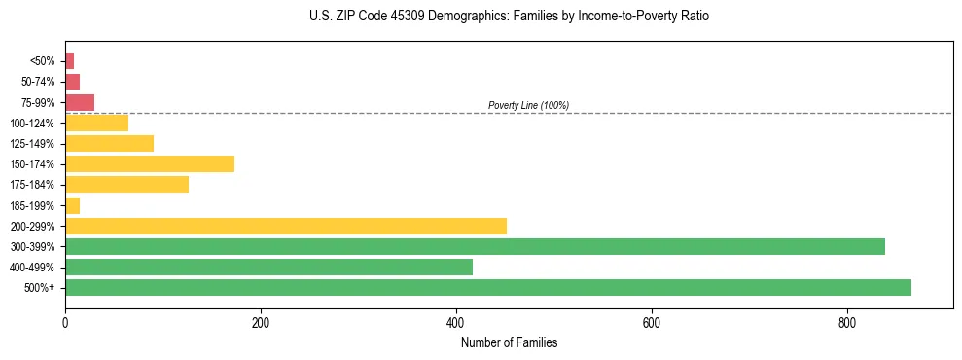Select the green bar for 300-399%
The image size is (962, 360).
tap(475, 246)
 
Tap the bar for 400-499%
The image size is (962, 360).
tap(268, 267)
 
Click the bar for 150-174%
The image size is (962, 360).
tap(150, 163)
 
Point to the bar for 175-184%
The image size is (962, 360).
tap(126, 184)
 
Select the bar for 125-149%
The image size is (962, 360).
tap(109, 143)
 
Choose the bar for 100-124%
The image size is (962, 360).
tap(96, 123)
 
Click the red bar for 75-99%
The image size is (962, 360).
tap(80, 102)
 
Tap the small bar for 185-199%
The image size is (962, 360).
tap(73, 205)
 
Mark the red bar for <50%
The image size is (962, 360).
tap(70, 61)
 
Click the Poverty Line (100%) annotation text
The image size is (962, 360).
tap(528, 105)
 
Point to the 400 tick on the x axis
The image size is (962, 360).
tap(456, 311)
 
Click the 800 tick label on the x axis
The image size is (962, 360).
tap(847, 324)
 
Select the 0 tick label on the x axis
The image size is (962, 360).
tap(65, 324)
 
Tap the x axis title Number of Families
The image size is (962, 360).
tap(509, 343)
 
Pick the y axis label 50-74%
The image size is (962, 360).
tap(38, 82)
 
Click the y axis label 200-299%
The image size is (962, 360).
tap(33, 226)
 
